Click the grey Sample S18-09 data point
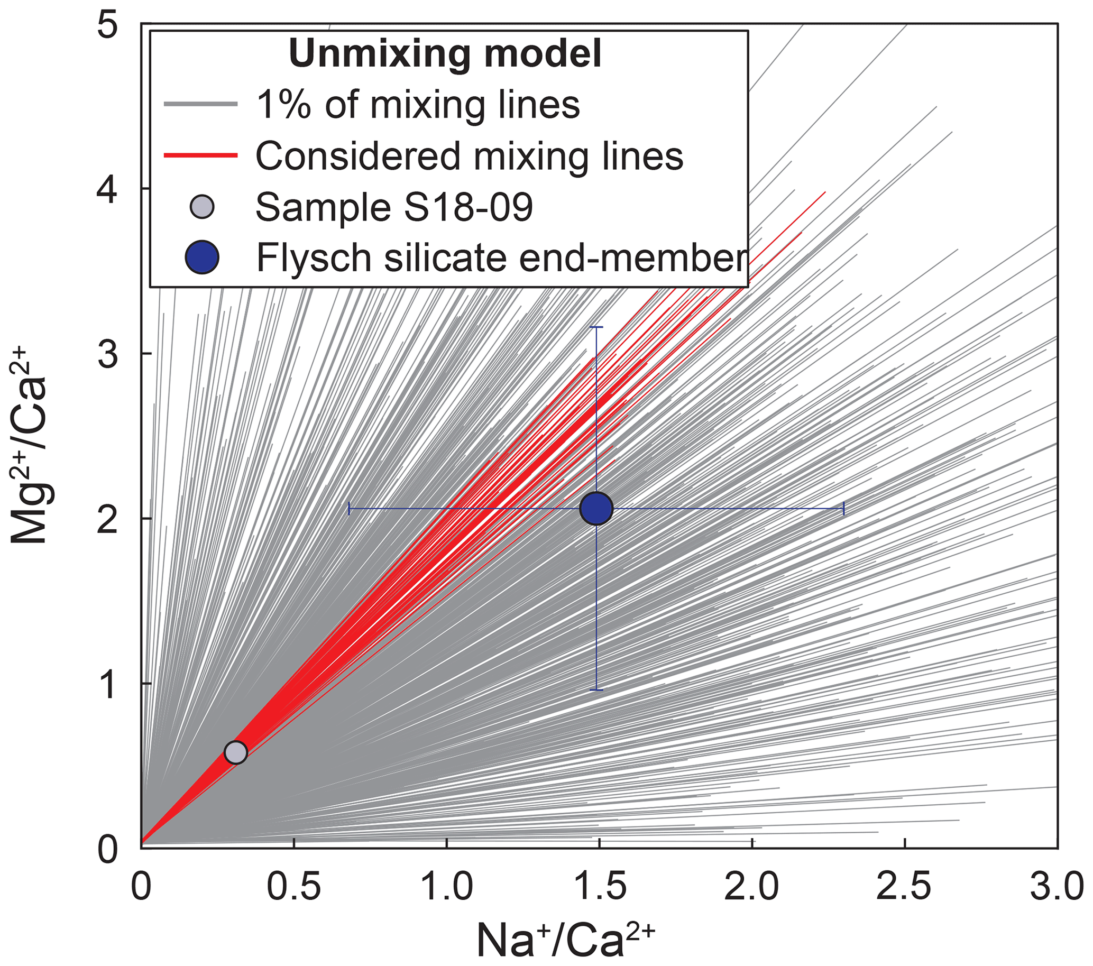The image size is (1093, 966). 235,752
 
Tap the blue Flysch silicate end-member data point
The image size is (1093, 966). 596,509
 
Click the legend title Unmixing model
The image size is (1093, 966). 445,53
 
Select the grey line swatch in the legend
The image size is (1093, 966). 200,104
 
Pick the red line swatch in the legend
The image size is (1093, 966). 200,155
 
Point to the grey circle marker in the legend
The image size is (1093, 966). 202,207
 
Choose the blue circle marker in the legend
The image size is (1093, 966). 202,257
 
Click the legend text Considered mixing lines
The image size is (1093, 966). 469,156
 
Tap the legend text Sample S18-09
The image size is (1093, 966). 394,207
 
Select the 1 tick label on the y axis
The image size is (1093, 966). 108,684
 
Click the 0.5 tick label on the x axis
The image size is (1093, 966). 293,886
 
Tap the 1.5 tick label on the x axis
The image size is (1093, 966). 600,886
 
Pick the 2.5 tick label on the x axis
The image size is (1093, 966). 905,886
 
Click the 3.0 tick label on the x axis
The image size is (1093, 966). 1057,886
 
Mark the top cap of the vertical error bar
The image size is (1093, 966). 596,327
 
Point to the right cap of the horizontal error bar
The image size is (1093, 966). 844,509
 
